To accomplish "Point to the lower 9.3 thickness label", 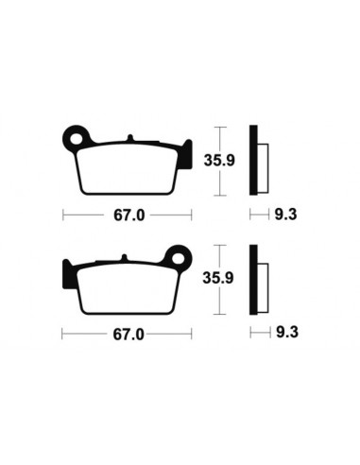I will click(x=283, y=334).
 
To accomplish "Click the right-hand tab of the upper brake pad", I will click(x=180, y=155).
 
